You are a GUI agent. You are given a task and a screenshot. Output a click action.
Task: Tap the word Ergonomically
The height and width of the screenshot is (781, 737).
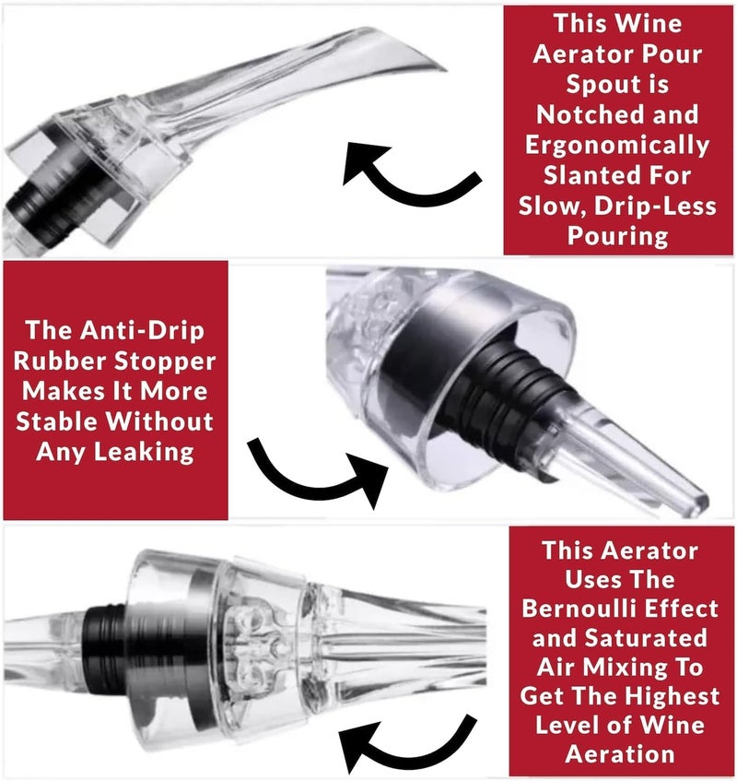coord(617,146)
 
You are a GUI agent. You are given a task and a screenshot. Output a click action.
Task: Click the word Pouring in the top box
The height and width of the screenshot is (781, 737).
coord(617,236)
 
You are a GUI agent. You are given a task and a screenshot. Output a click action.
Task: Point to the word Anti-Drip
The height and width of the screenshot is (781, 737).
coord(143,330)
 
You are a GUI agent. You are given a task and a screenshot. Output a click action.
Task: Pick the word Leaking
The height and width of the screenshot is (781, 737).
coord(145,453)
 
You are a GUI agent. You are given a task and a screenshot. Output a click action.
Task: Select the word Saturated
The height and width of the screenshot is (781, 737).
coord(645,638)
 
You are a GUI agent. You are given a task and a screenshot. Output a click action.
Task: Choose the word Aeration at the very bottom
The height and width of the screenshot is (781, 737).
coord(620,754)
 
